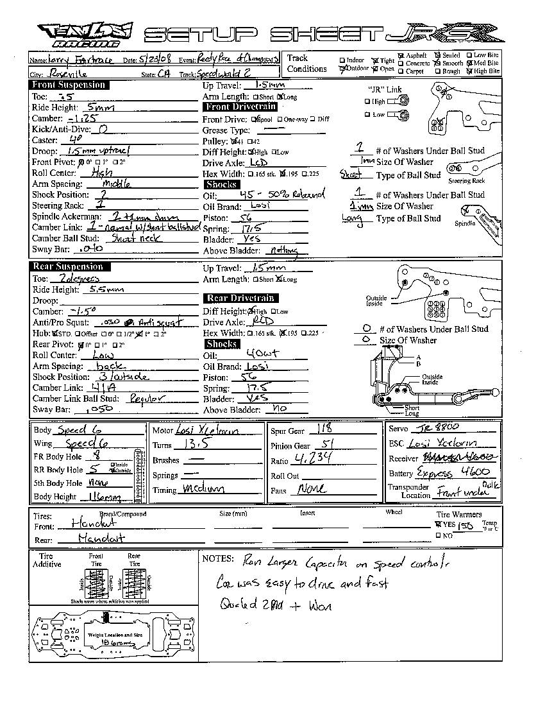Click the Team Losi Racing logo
click(85, 35)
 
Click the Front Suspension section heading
click(69, 85)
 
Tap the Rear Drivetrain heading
click(240, 298)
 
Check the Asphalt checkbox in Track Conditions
click(401, 56)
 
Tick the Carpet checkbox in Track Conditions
click(401, 72)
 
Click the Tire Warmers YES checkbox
click(439, 524)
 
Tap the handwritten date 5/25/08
click(156, 60)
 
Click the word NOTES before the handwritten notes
click(218, 559)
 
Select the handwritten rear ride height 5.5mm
click(106, 289)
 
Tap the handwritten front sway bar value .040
click(88, 249)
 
